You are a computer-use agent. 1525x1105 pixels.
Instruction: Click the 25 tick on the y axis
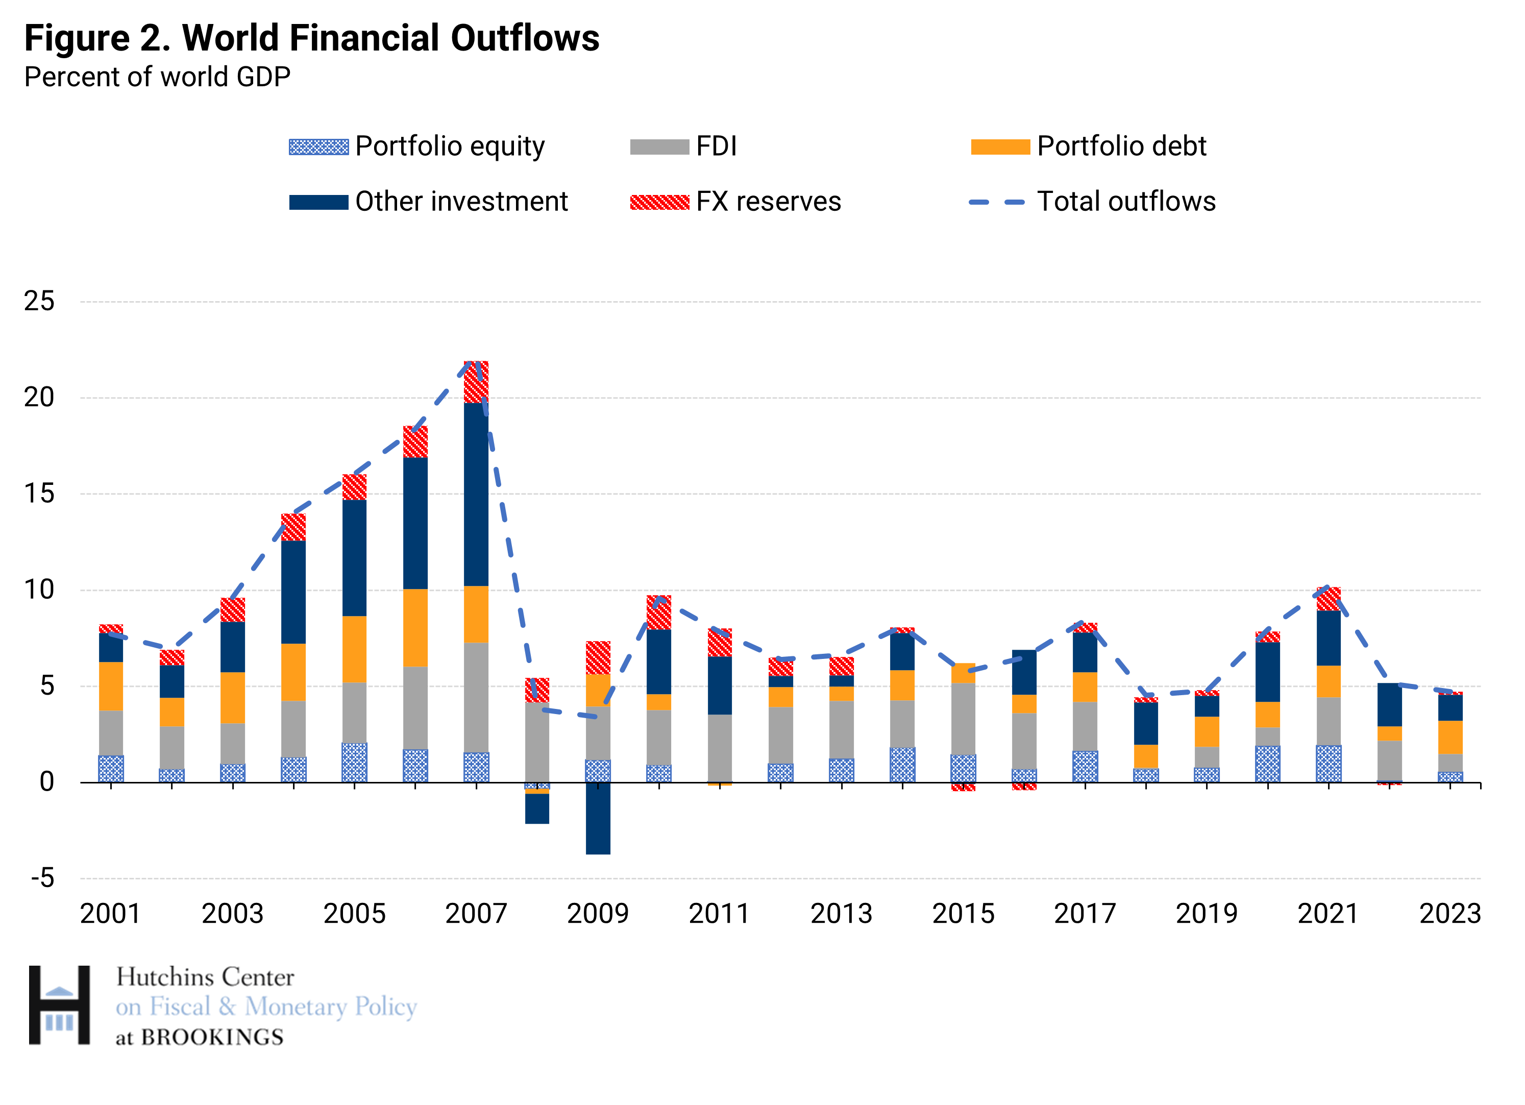[39, 301]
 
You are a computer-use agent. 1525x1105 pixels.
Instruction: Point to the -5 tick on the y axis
[42, 878]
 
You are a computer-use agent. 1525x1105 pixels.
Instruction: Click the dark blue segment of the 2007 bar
[476, 495]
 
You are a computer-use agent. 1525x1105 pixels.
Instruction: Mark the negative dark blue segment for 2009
[598, 819]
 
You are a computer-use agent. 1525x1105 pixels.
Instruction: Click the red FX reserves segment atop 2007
[476, 382]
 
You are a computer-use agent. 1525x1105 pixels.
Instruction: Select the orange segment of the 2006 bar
[415, 627]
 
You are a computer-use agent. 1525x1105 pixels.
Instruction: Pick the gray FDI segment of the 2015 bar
[963, 718]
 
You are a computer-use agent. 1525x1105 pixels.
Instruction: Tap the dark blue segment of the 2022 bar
[1389, 704]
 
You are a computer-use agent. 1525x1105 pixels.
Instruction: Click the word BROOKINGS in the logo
[212, 1038]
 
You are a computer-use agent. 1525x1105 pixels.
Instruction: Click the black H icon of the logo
[59, 1005]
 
